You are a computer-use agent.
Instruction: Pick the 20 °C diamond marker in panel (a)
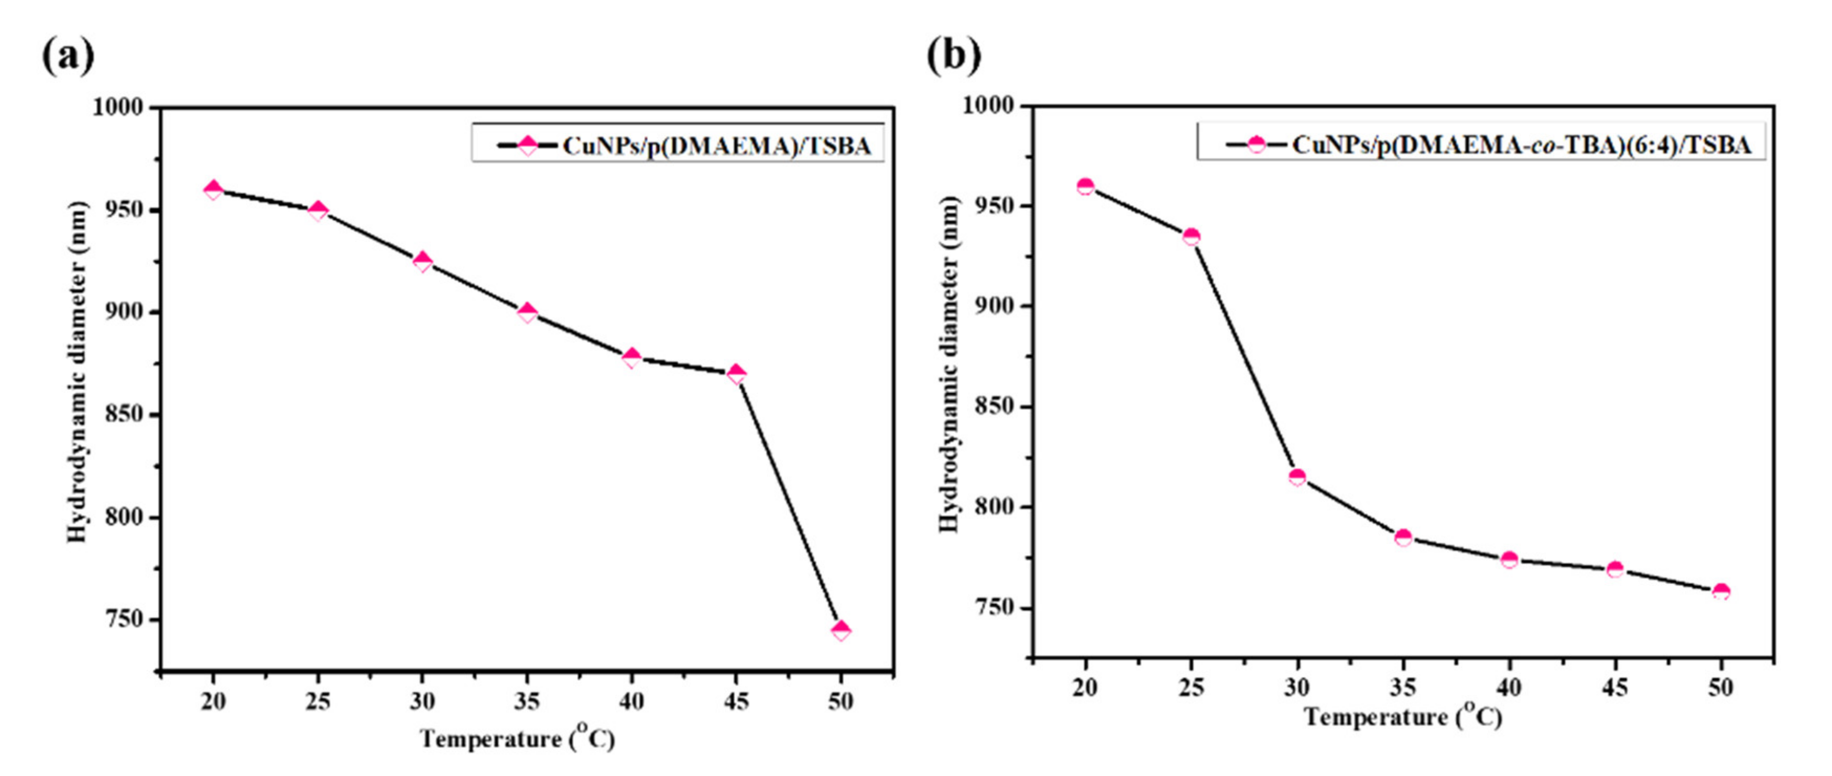click(x=213, y=190)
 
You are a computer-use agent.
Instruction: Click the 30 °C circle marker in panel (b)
click(x=1297, y=477)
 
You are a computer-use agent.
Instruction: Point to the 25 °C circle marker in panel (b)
click(x=1191, y=237)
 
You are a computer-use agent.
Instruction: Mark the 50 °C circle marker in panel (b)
click(x=1721, y=592)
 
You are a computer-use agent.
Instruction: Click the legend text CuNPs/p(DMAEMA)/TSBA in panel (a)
click(x=717, y=146)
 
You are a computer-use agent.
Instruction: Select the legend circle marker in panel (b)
click(x=1257, y=144)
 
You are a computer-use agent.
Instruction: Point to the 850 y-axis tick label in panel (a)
click(x=125, y=415)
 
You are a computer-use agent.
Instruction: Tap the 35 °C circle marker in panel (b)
click(x=1403, y=538)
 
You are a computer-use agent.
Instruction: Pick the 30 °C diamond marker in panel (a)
click(x=422, y=262)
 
